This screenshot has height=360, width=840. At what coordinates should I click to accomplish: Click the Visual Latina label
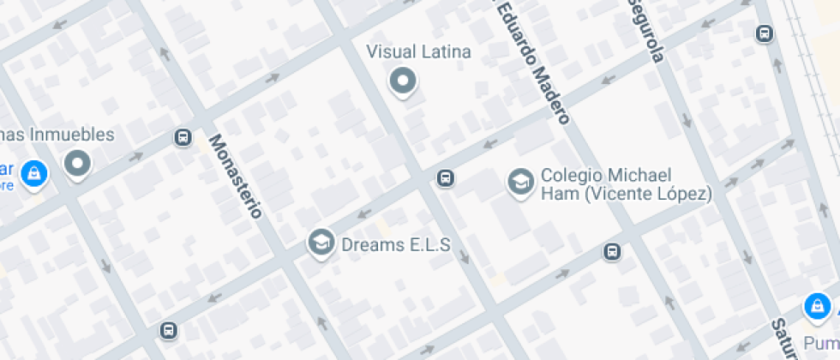point(418,51)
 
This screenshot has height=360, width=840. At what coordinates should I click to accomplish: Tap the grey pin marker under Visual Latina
point(403,81)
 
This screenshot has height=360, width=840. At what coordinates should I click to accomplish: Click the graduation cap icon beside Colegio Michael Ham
point(519,183)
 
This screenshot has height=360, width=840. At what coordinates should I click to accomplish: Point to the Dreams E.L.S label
point(395,244)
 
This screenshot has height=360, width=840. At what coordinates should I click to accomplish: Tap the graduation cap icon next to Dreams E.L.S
point(321,243)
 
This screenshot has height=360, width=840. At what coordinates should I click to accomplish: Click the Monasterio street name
point(235,176)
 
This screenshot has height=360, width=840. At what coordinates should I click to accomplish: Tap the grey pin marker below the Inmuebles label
point(78,163)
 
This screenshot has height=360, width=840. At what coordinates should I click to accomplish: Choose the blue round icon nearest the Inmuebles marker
point(33,174)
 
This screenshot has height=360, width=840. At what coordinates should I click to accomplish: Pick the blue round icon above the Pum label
point(817,306)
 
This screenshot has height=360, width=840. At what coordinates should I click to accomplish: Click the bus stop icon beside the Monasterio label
point(183,137)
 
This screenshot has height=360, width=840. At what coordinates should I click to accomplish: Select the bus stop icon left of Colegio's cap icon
point(445,178)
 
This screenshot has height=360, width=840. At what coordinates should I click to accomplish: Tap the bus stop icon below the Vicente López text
point(612,252)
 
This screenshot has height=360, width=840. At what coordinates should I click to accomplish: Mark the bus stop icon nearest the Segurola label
point(764,33)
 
